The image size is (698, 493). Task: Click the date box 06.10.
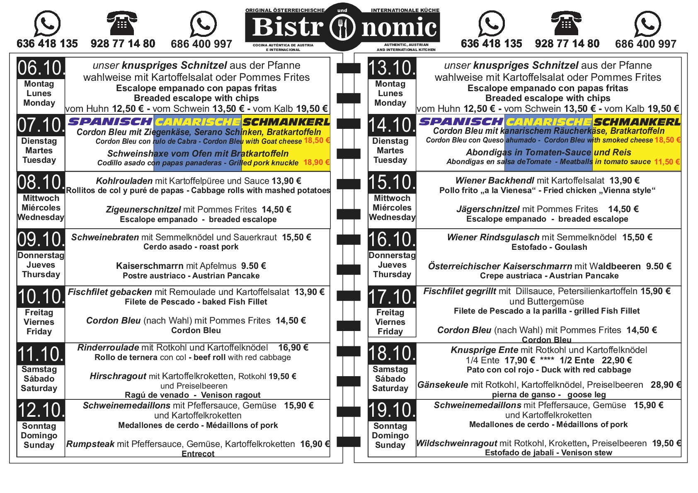(x=41, y=68)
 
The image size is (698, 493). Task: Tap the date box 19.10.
(x=392, y=410)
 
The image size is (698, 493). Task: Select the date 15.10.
(x=392, y=182)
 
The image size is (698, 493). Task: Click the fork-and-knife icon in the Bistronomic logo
(x=342, y=28)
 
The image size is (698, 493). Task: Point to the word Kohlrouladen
(x=124, y=181)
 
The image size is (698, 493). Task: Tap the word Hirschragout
(x=118, y=376)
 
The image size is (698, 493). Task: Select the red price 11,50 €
(x=667, y=162)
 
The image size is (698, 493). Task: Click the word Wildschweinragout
(x=456, y=443)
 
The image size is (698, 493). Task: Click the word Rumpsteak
(x=90, y=444)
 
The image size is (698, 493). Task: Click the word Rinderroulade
(x=108, y=348)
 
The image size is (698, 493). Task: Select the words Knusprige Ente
(x=484, y=350)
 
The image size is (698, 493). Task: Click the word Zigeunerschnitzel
(x=143, y=210)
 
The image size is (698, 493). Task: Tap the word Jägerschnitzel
(x=488, y=209)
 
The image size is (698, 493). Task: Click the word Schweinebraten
(x=105, y=237)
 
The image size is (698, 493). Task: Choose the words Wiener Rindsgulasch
(x=493, y=237)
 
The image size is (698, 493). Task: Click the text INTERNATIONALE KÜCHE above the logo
(x=405, y=10)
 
